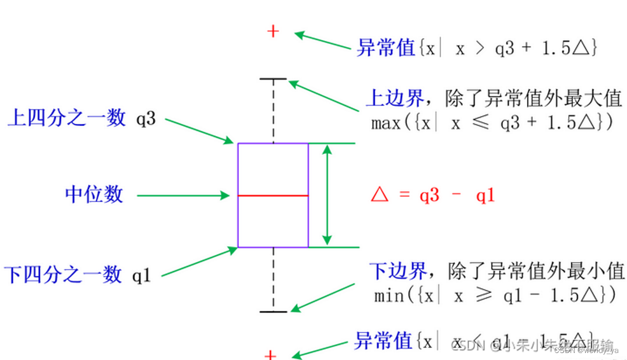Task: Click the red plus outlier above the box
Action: (x=273, y=31)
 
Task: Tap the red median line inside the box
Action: (x=273, y=196)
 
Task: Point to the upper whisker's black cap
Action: (x=273, y=78)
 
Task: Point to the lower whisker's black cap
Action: (x=273, y=312)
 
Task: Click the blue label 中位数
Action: (x=94, y=194)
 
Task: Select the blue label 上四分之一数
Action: (x=66, y=118)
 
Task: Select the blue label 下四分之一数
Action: (x=64, y=274)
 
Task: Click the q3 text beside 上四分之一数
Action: (x=146, y=120)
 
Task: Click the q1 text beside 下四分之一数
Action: (x=142, y=276)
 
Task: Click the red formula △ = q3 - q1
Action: (x=432, y=196)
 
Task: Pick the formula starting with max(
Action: (x=493, y=123)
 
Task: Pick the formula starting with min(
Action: (x=494, y=295)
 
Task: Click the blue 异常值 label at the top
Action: (x=386, y=48)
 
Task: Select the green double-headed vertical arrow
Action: (x=327, y=195)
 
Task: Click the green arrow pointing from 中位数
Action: (x=183, y=196)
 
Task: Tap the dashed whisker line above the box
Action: (x=273, y=111)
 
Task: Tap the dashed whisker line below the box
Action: (x=273, y=280)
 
